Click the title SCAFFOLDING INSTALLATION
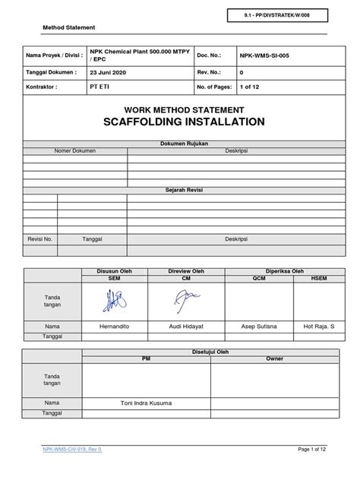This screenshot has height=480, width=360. click(181, 122)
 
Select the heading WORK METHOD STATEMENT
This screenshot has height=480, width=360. click(181, 109)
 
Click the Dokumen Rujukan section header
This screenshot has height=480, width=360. click(181, 143)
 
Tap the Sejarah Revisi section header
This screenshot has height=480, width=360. click(181, 189)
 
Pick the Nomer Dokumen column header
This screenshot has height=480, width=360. click(75, 150)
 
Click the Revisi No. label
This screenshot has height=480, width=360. click(39, 238)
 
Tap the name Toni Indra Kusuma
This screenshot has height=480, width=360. click(147, 402)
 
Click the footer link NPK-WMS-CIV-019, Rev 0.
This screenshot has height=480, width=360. click(76, 450)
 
